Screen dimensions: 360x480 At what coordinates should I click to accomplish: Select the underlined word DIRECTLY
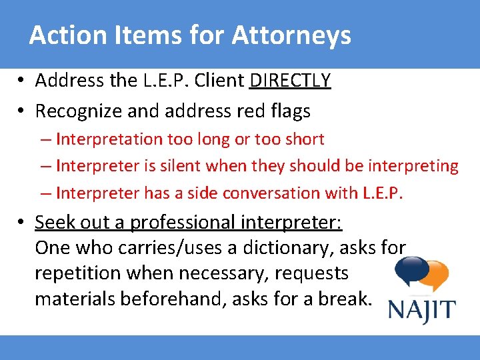point(290,81)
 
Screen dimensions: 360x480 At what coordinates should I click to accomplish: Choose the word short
point(303,139)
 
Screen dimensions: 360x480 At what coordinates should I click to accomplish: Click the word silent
point(173,166)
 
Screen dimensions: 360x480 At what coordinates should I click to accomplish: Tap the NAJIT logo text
point(422,311)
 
